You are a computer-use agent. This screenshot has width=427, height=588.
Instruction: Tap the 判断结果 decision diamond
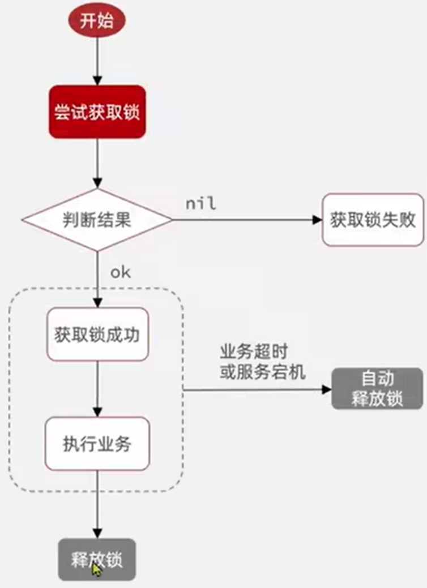pos(97,219)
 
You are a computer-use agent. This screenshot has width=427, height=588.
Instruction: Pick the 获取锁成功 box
pos(97,334)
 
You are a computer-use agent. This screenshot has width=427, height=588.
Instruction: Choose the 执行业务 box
pos(97,444)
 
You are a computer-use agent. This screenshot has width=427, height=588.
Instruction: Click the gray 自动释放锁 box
pos(377,388)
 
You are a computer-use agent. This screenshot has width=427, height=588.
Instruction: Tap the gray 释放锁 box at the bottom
pos(97,559)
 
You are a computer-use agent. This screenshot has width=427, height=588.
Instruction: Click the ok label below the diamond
pos(120,272)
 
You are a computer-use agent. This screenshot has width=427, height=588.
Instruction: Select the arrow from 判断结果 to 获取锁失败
pos(244,220)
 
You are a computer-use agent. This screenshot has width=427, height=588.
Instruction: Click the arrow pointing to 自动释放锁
pos(255,389)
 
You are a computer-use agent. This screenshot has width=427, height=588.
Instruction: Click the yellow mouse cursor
pos(96,569)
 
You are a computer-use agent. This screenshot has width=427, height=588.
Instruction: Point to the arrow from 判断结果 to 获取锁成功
pos(97,277)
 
